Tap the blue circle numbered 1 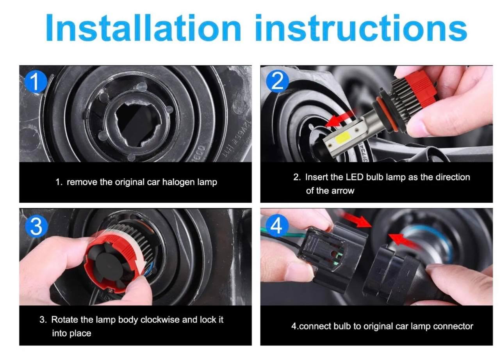(x=36, y=82)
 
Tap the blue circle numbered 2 (x=277, y=81)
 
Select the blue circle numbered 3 (x=36, y=227)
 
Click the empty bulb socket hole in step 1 (x=138, y=125)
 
